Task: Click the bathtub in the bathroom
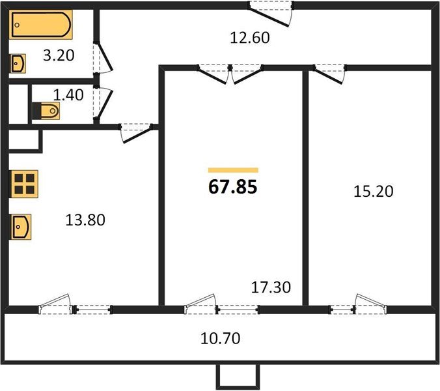[41, 25]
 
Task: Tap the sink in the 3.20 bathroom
[18, 63]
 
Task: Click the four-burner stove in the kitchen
[24, 184]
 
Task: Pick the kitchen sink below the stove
[20, 227]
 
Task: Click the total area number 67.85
[232, 187]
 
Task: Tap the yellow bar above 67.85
[233, 170]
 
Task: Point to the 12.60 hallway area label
[250, 38]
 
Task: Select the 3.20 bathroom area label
[59, 55]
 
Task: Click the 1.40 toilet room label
[68, 95]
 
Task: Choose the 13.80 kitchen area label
[85, 220]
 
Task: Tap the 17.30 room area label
[271, 287]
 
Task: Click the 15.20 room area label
[374, 192]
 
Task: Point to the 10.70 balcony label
[220, 338]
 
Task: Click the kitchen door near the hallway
[136, 133]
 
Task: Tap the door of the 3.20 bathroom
[103, 58]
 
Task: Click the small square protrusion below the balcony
[238, 377]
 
